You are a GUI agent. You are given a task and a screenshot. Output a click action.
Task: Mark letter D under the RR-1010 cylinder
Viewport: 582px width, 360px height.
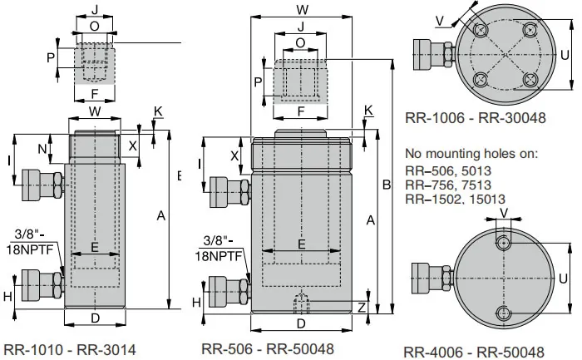click(95, 318)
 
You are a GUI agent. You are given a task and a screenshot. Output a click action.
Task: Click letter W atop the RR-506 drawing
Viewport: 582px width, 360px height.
click(303, 10)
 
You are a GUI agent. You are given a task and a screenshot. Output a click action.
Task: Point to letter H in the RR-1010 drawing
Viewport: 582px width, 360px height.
click(7, 295)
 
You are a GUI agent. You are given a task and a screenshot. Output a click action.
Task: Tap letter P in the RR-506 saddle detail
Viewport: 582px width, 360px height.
click(258, 81)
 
